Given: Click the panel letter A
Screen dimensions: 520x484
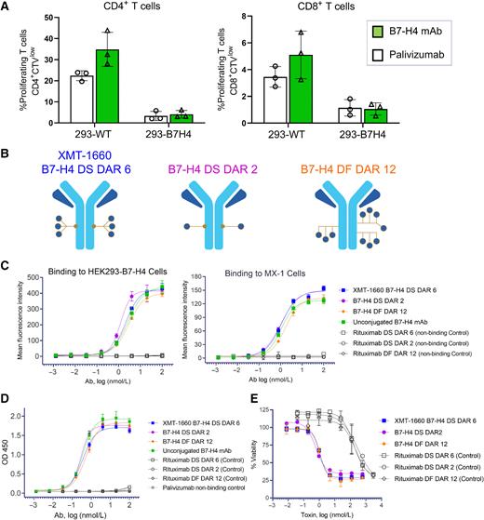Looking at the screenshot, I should point(7,7).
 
